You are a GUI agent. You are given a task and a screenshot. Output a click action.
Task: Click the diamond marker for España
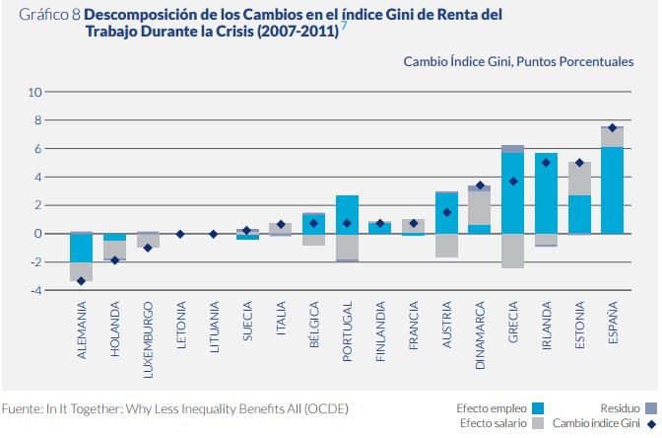612,127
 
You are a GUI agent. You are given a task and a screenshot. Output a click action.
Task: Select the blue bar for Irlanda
546,192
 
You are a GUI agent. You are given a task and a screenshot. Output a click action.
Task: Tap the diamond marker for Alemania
81,281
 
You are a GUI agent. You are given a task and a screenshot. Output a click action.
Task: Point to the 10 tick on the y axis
36,92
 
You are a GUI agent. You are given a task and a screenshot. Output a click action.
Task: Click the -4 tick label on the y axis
34,290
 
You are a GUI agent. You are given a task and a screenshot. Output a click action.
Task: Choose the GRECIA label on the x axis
513,325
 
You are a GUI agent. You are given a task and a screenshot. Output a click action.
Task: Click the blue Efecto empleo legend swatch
538,407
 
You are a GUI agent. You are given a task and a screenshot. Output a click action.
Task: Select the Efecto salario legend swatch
538,423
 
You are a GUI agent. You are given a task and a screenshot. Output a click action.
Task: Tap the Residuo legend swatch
650,407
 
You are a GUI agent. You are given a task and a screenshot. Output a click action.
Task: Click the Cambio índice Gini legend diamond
650,423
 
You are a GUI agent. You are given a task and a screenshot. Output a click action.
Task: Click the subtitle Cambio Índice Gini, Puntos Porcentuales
517,61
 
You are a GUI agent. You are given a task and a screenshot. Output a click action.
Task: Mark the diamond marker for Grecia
512,182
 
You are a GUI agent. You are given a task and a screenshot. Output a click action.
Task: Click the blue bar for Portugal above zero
347,213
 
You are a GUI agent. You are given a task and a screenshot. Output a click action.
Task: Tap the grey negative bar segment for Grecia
512,251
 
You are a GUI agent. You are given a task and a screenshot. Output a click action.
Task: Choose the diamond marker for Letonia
180,234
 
